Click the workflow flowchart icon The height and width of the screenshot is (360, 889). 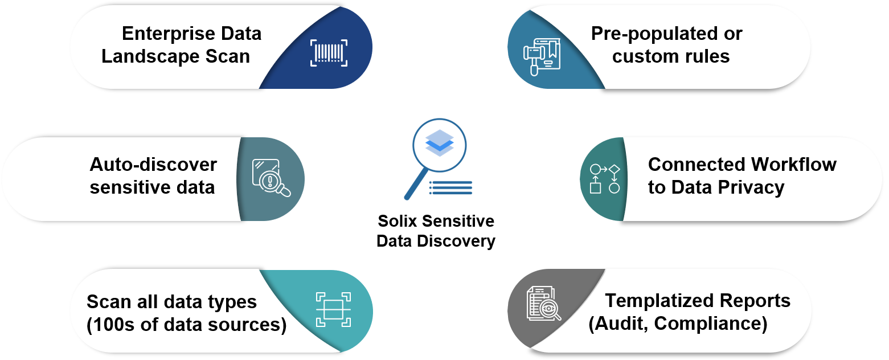coord(604,178)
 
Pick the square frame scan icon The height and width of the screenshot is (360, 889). coord(333,309)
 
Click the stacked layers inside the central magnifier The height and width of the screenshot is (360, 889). coord(440,143)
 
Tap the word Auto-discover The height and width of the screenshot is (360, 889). coord(153,165)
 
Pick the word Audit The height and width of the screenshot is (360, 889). coord(618,324)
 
